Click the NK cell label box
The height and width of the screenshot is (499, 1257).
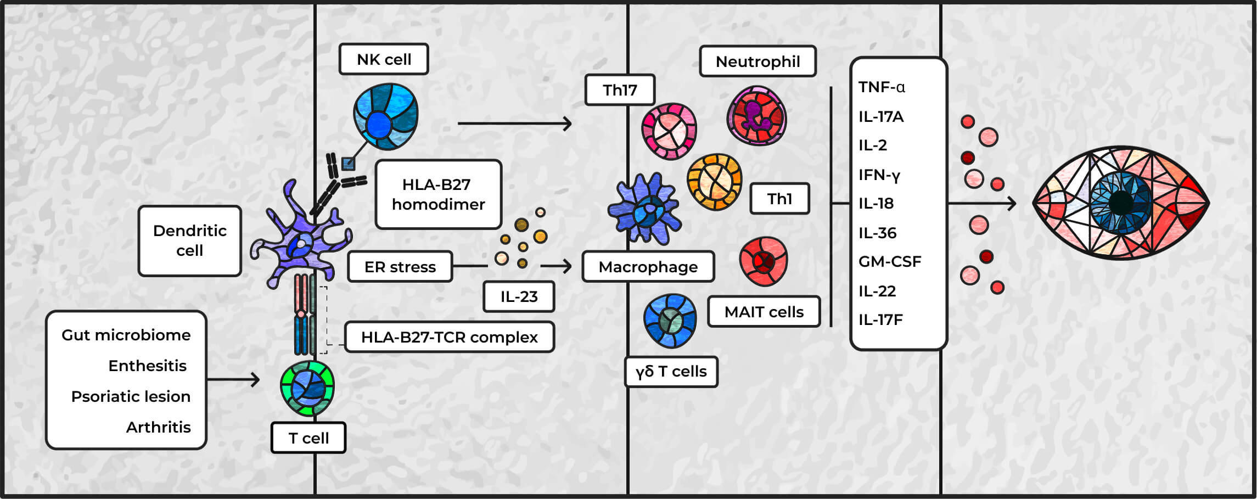384,59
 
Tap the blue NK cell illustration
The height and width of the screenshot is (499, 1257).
385,117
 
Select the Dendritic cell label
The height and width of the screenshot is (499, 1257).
190,240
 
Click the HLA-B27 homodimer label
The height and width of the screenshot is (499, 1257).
438,194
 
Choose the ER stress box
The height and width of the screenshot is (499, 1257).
400,267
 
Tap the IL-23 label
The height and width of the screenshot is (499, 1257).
519,296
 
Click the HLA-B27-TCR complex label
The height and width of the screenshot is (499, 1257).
449,337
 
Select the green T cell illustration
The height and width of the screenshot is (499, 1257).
307,388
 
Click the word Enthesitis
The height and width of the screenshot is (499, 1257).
147,366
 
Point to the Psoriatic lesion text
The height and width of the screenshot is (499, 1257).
131,396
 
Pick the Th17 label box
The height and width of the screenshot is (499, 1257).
620,90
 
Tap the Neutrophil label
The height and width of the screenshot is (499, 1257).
757,61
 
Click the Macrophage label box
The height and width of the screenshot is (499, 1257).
648,267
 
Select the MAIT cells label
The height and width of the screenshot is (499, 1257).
764,312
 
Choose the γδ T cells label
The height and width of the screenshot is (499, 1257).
671,372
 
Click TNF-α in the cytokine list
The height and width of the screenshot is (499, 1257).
882,87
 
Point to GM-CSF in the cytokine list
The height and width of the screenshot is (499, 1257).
889,261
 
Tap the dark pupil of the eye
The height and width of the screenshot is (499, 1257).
1121,203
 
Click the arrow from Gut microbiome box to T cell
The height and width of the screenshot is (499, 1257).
233,379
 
